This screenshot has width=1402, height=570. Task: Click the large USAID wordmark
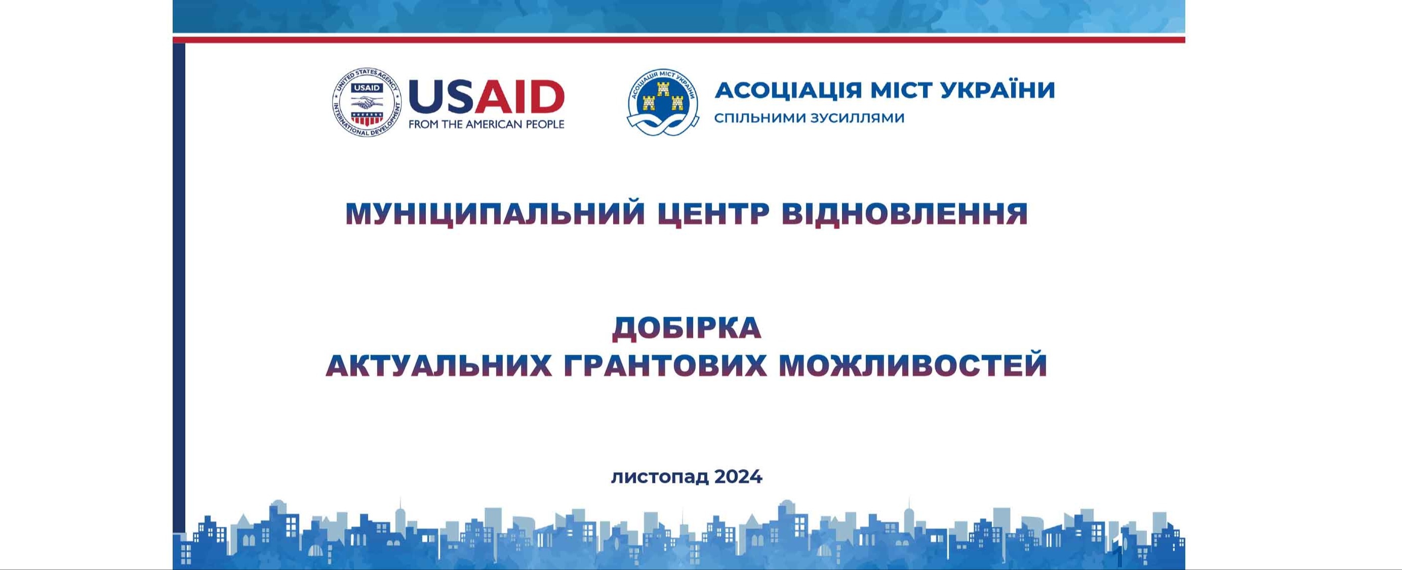[486, 96]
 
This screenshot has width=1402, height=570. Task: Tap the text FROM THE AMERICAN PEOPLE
[486, 125]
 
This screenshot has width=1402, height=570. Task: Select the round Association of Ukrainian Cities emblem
[662, 102]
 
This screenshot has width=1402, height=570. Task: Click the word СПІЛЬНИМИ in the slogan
[758, 118]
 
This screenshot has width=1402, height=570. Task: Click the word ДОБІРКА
[687, 328]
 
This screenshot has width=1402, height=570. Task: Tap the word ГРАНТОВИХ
[664, 365]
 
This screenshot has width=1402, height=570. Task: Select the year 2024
[738, 477]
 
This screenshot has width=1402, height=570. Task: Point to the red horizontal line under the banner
[678, 40]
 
